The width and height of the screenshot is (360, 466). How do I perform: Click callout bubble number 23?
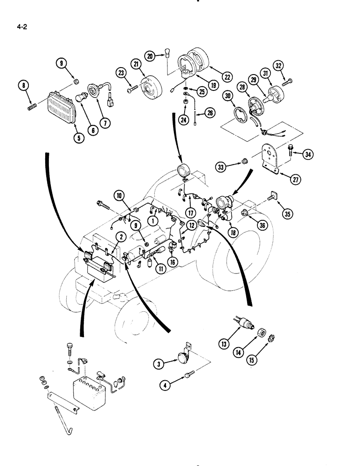point(121,73)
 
